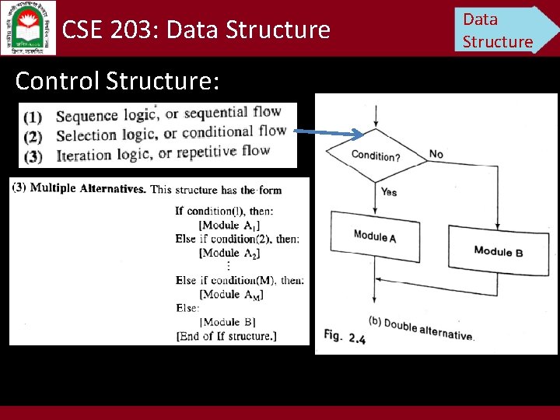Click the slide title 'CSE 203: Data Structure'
(x=196, y=30)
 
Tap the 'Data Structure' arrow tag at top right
(x=501, y=30)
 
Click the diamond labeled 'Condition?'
(x=376, y=156)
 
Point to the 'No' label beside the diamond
(x=436, y=154)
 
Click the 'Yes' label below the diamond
(x=389, y=191)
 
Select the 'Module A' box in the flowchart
(x=375, y=236)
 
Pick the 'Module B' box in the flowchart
(x=498, y=250)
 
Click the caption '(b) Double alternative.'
(x=420, y=330)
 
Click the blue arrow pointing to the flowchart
(x=331, y=132)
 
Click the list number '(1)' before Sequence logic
(x=33, y=117)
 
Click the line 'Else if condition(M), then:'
(x=240, y=280)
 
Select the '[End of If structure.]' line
(x=237, y=336)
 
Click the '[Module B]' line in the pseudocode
(x=228, y=322)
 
